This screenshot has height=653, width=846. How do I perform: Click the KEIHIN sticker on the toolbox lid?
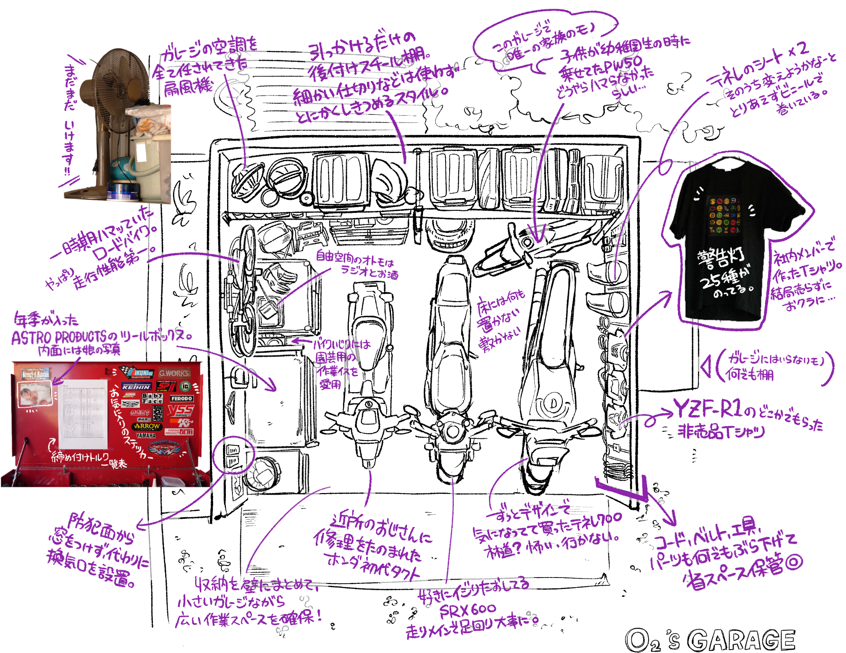136,387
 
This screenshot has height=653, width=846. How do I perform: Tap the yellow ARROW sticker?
147,426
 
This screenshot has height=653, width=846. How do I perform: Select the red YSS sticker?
181,410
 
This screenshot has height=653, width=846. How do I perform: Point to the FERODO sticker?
182,398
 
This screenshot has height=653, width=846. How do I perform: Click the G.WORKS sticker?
174,373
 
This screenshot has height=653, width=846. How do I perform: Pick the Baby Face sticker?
152,398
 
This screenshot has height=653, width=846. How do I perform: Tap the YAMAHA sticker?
146,436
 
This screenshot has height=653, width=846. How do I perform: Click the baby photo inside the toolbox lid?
35,394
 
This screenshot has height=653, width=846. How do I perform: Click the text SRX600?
468,612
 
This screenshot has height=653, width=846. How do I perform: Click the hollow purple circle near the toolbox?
234,454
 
